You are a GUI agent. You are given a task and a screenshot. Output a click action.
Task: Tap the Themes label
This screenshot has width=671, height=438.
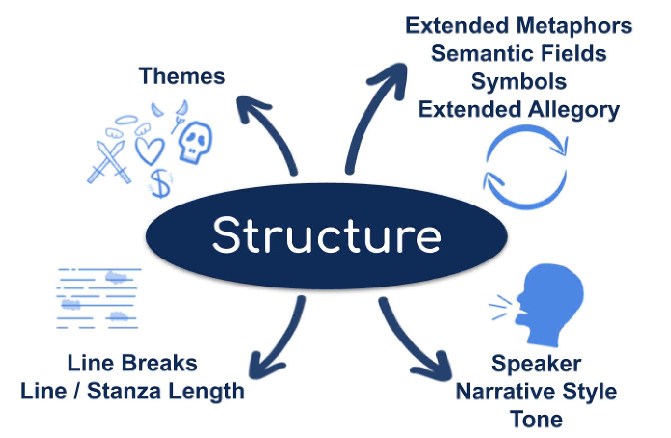pyautogui.click(x=182, y=76)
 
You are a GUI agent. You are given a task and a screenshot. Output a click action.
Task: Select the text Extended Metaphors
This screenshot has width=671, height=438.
pyautogui.click(x=519, y=27)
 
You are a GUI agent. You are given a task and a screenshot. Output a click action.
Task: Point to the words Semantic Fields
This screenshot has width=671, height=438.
pyautogui.click(x=519, y=54)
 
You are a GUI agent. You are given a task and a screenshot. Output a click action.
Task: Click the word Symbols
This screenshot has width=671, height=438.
pyautogui.click(x=519, y=81)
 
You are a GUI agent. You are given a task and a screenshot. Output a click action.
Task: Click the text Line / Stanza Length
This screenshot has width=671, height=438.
pyautogui.click(x=132, y=390)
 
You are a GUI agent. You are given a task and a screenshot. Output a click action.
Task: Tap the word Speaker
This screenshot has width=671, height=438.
pyautogui.click(x=536, y=363)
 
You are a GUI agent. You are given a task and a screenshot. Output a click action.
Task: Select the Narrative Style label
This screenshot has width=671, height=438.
pyautogui.click(x=536, y=391)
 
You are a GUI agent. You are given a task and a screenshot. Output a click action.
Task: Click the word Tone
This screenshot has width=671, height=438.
pyautogui.click(x=536, y=418)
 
